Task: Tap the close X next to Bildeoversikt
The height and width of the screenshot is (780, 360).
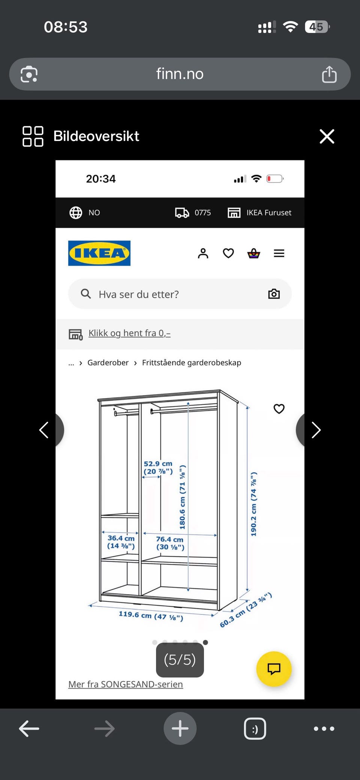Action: (x=327, y=136)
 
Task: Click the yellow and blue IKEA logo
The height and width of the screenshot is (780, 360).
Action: (x=99, y=253)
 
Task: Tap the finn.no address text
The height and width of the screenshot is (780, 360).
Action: (x=180, y=74)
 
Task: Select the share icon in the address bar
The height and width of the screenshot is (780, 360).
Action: (x=329, y=74)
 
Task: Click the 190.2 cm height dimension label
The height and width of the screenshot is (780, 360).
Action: (x=254, y=504)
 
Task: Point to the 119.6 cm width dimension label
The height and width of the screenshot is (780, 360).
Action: (x=151, y=615)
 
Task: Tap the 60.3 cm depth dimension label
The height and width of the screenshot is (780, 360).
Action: (x=246, y=610)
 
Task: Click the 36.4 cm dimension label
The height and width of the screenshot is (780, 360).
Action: (x=121, y=542)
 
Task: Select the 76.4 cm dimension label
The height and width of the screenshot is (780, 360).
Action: (x=170, y=543)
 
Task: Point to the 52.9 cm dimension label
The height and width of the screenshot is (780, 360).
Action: (x=158, y=467)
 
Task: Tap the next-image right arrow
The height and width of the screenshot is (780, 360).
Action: (x=316, y=430)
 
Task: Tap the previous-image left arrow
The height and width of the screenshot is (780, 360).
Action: (x=44, y=430)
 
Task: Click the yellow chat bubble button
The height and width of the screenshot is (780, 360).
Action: (x=274, y=669)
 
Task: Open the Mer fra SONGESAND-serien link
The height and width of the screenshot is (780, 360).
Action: (x=126, y=684)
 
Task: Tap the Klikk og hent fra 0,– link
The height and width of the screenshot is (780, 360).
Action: (x=129, y=333)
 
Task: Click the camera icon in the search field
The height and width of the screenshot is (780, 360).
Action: (x=274, y=294)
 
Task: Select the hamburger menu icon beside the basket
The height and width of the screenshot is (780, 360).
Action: (x=279, y=253)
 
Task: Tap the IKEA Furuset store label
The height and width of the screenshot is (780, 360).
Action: (x=269, y=213)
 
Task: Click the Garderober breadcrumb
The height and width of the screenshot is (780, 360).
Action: (x=108, y=362)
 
